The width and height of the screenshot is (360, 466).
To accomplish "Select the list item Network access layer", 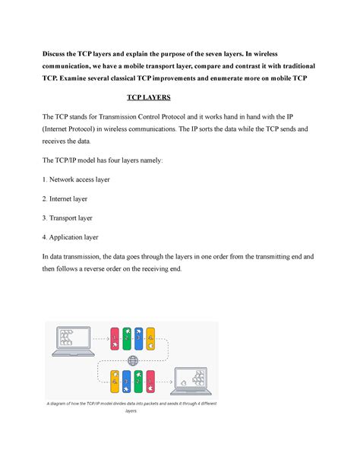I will point(77,180).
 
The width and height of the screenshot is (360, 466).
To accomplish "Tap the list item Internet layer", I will point(68,198).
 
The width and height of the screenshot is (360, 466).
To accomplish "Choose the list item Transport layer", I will point(71,217).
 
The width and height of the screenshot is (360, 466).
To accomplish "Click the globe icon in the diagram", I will point(134,360).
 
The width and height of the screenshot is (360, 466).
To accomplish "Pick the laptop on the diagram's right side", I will point(195,379).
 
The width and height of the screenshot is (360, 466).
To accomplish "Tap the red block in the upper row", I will point(115,338).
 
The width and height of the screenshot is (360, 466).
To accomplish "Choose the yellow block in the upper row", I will point(151,338).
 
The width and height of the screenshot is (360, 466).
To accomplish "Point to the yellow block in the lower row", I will point(115,380).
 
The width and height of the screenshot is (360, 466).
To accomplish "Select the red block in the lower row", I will point(151,380).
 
